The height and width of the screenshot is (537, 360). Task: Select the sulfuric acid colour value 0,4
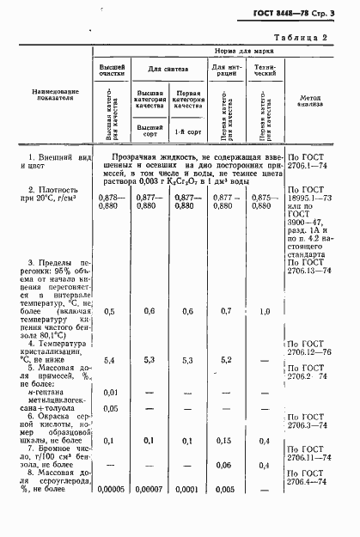pyautogui.click(x=264, y=440)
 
